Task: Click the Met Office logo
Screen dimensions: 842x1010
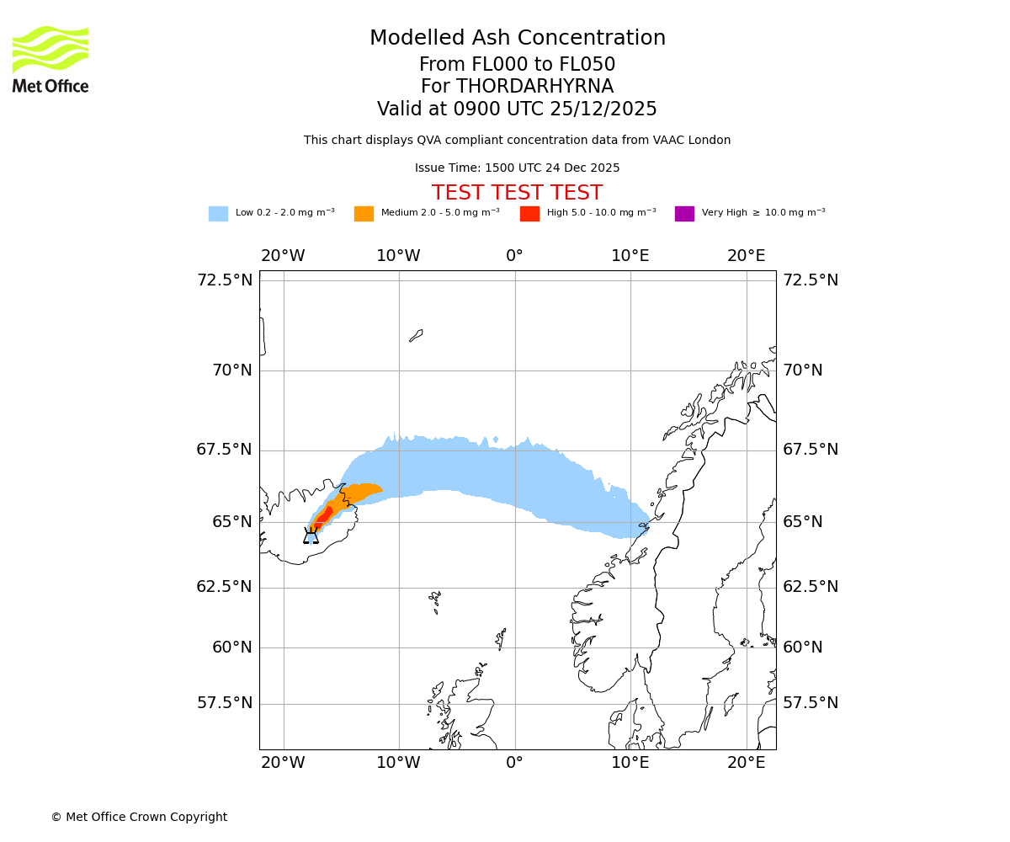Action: (50, 59)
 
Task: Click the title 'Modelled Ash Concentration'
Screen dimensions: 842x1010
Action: (517, 39)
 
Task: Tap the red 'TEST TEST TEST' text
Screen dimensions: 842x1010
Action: (517, 193)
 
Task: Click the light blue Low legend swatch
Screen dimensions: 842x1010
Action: (218, 214)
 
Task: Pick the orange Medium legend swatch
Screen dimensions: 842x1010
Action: (364, 214)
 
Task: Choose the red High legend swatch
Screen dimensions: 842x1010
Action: (529, 214)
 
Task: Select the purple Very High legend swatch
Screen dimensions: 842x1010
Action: (684, 214)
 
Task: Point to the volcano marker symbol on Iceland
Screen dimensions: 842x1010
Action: (311, 536)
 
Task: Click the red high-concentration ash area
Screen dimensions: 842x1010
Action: (323, 515)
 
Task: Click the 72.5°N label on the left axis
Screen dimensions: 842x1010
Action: (225, 280)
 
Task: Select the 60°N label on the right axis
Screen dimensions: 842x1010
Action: (803, 647)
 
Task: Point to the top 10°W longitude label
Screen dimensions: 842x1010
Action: (398, 256)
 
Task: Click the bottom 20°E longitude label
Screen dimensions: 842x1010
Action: (747, 763)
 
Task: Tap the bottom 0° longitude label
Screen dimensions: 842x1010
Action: (514, 763)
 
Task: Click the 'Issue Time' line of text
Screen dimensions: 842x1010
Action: (517, 168)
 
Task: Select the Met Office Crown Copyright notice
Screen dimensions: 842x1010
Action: (139, 817)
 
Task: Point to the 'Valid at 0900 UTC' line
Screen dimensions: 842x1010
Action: (517, 109)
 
